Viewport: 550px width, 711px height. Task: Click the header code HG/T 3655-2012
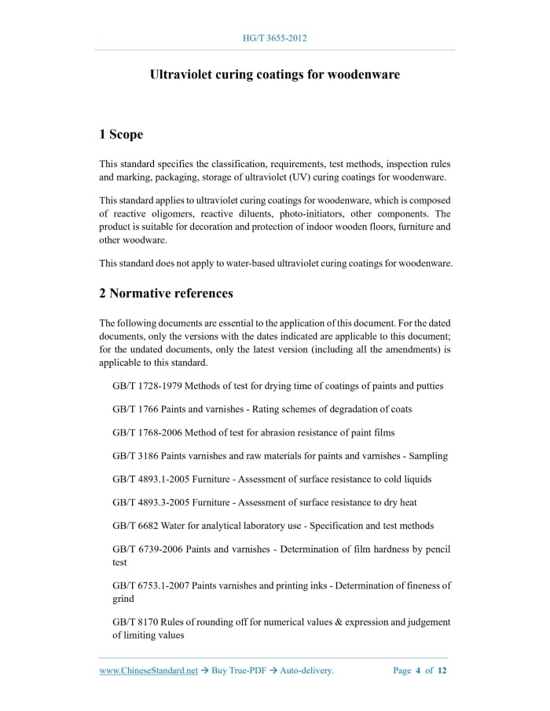coord(275,38)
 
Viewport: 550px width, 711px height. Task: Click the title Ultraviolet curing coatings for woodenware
coord(275,75)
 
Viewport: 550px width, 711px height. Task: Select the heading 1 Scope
coord(121,134)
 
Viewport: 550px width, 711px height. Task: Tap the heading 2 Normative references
coord(166,294)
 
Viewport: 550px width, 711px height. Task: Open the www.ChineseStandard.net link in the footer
coord(148,670)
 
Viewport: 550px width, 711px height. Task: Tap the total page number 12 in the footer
coord(442,670)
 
